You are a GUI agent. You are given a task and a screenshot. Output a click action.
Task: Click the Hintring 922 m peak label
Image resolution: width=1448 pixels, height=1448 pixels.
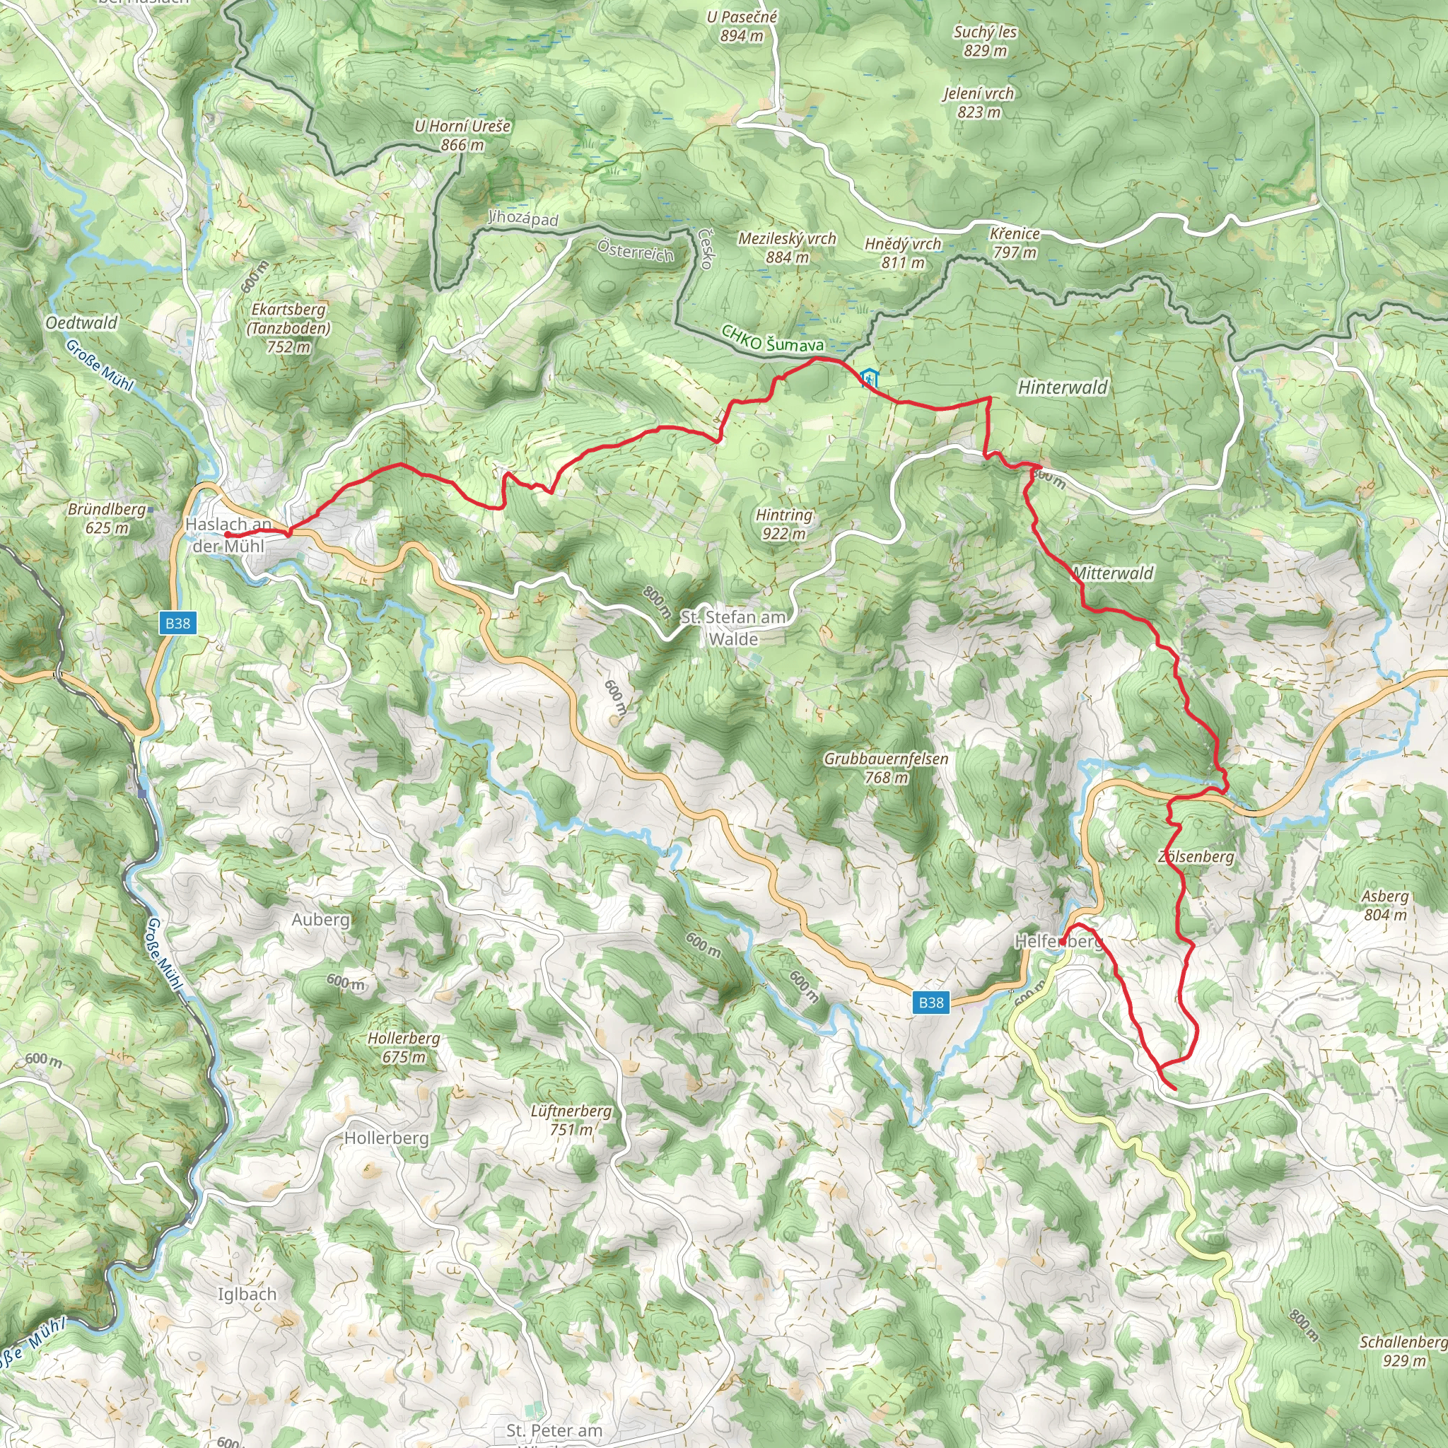[784, 524]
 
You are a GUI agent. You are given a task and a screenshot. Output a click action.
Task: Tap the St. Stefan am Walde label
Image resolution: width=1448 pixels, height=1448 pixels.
[733, 627]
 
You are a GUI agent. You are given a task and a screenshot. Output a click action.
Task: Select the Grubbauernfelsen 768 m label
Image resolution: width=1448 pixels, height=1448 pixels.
[886, 767]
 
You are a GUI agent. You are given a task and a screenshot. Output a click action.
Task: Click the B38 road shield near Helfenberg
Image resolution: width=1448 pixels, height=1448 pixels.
[931, 1002]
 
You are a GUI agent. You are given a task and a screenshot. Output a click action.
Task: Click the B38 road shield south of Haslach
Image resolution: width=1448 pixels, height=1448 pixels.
[177, 623]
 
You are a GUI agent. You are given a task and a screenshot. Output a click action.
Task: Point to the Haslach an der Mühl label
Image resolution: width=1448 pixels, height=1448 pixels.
[228, 535]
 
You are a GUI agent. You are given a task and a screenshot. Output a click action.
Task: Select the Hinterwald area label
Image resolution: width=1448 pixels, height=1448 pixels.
[1062, 387]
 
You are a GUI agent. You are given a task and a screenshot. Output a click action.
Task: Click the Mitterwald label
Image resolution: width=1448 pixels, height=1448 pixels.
[1113, 573]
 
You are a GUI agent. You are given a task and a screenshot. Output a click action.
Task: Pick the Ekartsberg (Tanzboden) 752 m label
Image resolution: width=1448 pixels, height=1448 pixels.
[288, 327]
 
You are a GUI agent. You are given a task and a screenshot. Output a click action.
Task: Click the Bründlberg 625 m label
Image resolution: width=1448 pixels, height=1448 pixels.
[107, 518]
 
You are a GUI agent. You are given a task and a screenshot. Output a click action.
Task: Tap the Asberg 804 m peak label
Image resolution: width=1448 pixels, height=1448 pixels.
[1385, 904]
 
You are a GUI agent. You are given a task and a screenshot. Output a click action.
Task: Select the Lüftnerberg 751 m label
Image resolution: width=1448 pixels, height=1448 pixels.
[571, 1120]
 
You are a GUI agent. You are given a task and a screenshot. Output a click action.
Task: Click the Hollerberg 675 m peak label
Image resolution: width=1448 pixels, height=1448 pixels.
[403, 1047]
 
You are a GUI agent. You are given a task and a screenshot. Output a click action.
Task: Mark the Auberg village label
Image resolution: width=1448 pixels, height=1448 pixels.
[321, 919]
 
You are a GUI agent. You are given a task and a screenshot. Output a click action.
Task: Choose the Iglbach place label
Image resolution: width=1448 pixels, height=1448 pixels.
[247, 1294]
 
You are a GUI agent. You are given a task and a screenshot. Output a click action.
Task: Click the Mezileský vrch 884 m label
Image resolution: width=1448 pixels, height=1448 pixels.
[787, 247]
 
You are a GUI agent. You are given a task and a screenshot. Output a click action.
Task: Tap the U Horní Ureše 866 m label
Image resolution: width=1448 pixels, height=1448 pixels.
[462, 135]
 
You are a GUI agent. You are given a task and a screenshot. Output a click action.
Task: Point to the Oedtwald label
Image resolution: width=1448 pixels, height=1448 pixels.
[82, 323]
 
